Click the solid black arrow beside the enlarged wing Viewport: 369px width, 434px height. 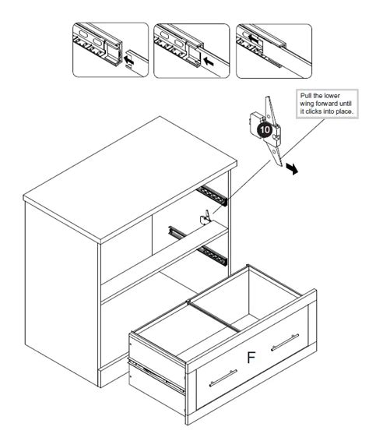pos(291,170)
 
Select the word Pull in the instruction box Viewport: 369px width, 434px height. pos(307,97)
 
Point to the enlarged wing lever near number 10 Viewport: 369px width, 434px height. pos(272,132)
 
